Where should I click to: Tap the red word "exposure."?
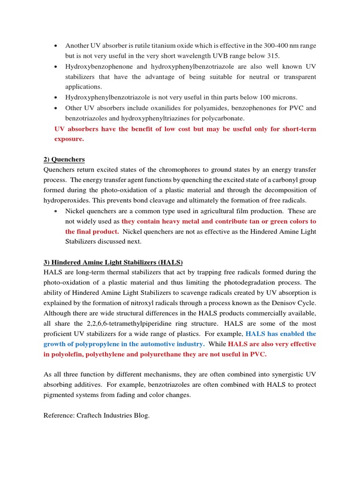pyautogui.click(x=69, y=139)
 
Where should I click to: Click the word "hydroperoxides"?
pyautogui.click(x=67, y=201)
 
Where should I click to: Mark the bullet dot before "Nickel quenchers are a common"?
pyautogui.click(x=56, y=211)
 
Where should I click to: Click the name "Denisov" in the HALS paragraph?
pyautogui.click(x=286, y=303)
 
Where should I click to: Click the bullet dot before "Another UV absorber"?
pyautogui.click(x=56, y=45)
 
